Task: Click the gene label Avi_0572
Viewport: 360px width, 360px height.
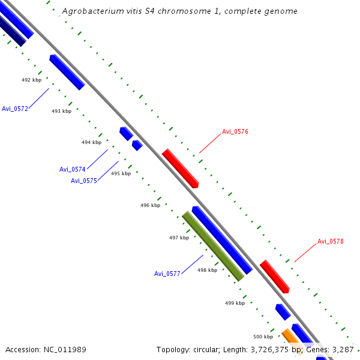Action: pyautogui.click(x=15, y=109)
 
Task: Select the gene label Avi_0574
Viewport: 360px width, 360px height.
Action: pyautogui.click(x=72, y=169)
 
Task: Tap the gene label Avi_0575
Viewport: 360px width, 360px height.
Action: pyautogui.click(x=83, y=181)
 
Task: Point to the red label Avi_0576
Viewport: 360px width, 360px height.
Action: pyautogui.click(x=235, y=131)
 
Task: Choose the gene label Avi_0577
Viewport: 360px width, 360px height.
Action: pyautogui.click(x=167, y=274)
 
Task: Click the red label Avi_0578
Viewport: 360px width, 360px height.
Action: pyautogui.click(x=331, y=241)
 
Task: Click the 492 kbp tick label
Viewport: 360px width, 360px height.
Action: pyautogui.click(x=31, y=80)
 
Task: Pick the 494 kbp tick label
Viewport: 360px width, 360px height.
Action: pyautogui.click(x=91, y=142)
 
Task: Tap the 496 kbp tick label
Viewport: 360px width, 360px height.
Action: pyautogui.click(x=150, y=205)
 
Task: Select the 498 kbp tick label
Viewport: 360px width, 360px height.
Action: pyautogui.click(x=207, y=270)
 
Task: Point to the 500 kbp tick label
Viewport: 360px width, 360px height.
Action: pyautogui.click(x=263, y=337)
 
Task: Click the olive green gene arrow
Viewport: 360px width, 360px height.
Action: pyautogui.click(x=213, y=246)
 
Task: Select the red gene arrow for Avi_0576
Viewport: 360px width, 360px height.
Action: pyautogui.click(x=180, y=168)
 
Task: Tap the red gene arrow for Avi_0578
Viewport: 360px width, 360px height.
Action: pyautogui.click(x=275, y=277)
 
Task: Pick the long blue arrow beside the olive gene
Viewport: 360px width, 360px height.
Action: pyautogui.click(x=221, y=239)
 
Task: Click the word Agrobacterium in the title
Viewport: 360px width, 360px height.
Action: pyautogui.click(x=92, y=11)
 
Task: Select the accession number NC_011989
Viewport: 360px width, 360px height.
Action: pyautogui.click(x=65, y=349)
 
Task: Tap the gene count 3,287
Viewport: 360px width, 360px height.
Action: pyautogui.click(x=343, y=349)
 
